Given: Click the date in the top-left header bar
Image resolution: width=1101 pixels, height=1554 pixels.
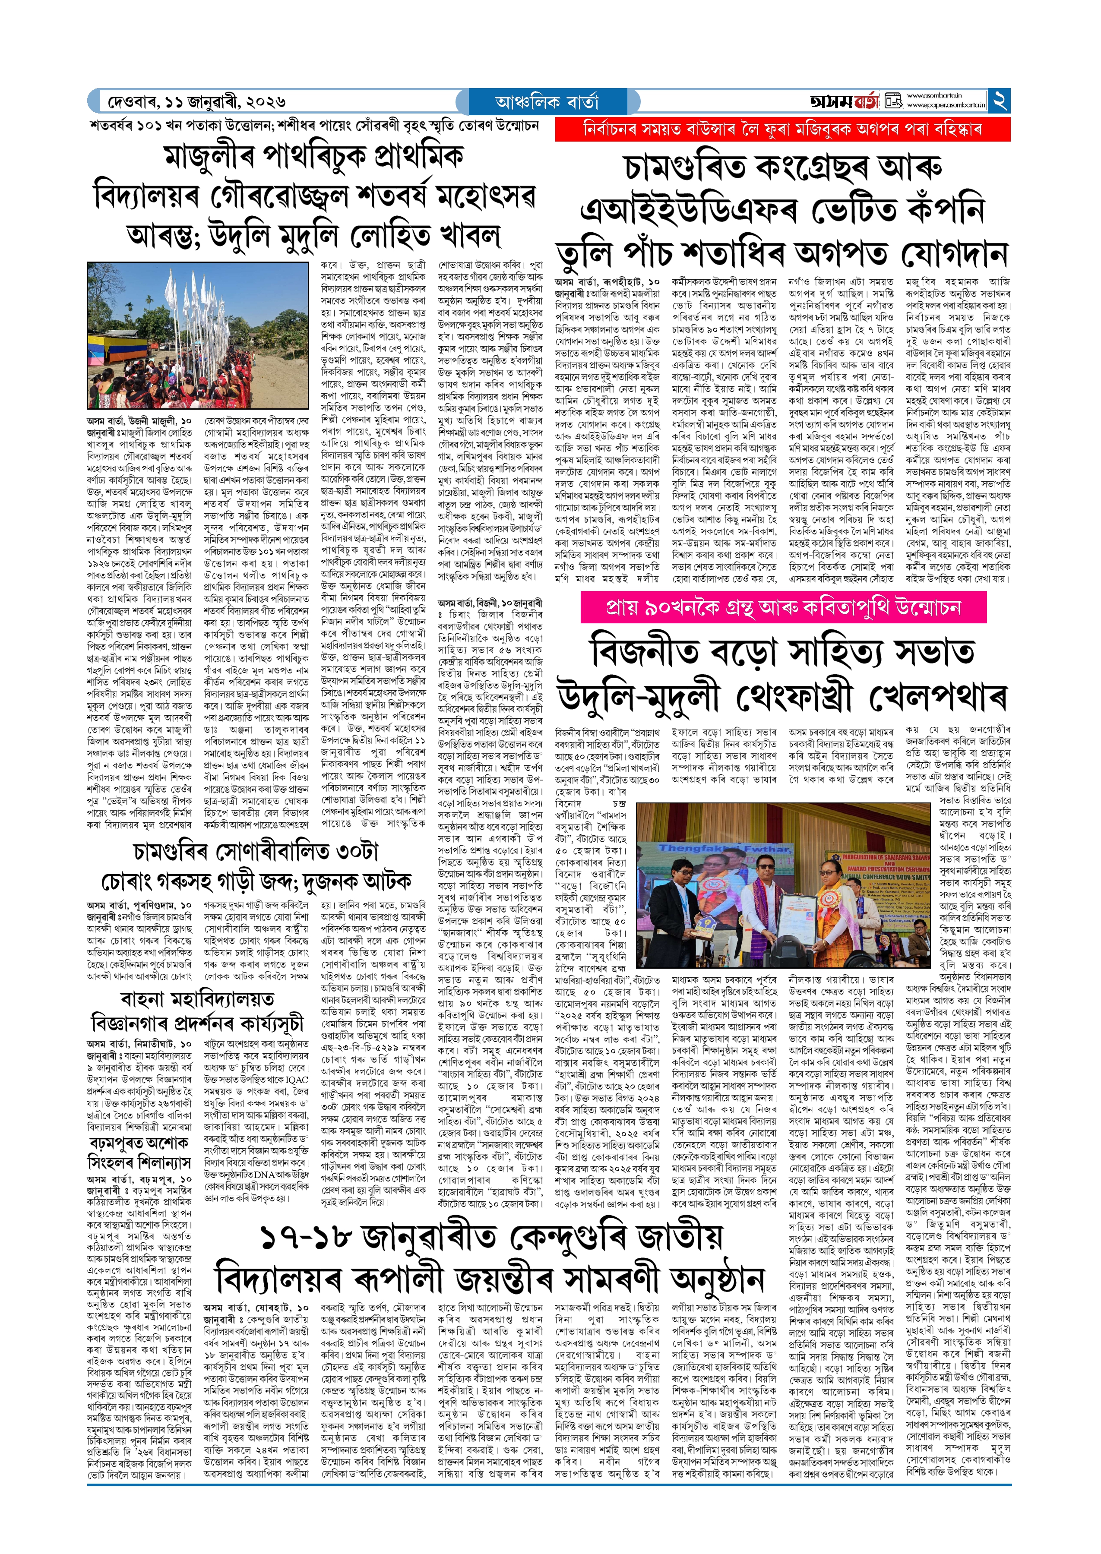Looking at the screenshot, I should pos(196,101).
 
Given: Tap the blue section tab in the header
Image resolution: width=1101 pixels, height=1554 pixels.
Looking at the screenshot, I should pos(547,101).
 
